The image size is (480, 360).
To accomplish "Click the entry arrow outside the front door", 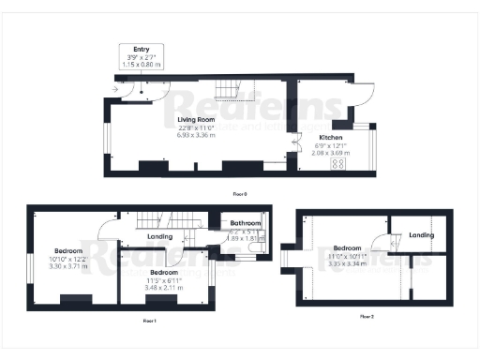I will click(x=115, y=90).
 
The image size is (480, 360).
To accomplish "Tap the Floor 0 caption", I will click(x=240, y=194).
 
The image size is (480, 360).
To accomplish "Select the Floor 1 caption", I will click(x=148, y=321).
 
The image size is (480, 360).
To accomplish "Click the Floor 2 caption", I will click(x=367, y=317).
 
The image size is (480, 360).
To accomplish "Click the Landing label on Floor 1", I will click(x=159, y=237).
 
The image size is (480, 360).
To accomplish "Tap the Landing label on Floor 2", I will click(x=422, y=234).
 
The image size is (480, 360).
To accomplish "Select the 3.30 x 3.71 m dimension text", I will click(x=69, y=267).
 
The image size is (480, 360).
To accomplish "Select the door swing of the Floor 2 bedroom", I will click(x=382, y=243).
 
